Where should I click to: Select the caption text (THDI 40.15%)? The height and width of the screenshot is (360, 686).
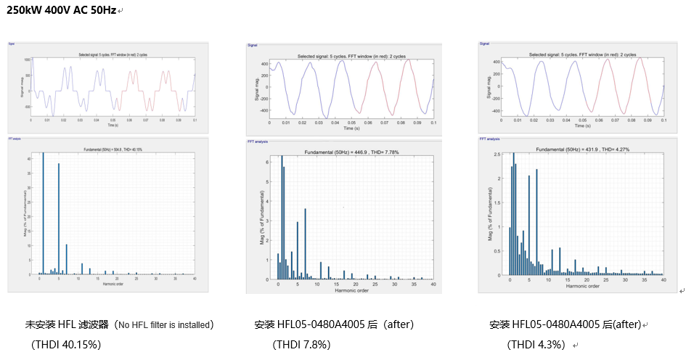[x=66, y=343]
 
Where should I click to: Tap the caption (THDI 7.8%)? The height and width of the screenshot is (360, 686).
[x=301, y=343]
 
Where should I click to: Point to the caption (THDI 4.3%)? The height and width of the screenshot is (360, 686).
[x=536, y=343]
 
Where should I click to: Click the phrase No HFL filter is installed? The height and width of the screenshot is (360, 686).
[x=165, y=324]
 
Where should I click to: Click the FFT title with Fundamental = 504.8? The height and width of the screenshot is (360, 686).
[x=115, y=150]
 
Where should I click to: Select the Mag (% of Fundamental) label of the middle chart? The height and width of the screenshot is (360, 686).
[x=262, y=216]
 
